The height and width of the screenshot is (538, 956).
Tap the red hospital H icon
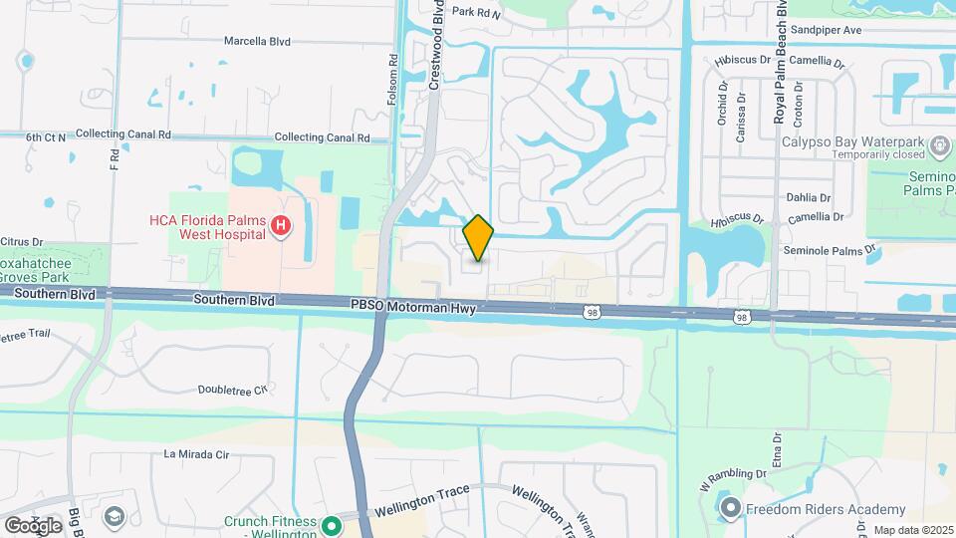click(281, 227)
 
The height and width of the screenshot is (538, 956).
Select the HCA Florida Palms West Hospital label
click(206, 227)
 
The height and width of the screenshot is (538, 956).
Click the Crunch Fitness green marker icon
click(335, 521)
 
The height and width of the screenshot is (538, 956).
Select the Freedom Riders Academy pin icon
click(731, 509)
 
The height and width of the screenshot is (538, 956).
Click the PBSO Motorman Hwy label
click(413, 310)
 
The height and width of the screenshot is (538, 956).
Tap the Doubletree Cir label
click(233, 390)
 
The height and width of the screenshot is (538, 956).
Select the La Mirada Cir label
click(196, 454)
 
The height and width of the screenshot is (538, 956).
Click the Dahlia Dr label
click(808, 197)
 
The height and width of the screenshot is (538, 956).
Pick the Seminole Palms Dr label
click(829, 249)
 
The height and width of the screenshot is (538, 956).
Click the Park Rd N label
click(475, 13)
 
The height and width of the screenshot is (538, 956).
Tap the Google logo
click(33, 525)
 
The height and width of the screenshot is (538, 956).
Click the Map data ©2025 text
click(912, 531)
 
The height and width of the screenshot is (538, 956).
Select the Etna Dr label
click(777, 446)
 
